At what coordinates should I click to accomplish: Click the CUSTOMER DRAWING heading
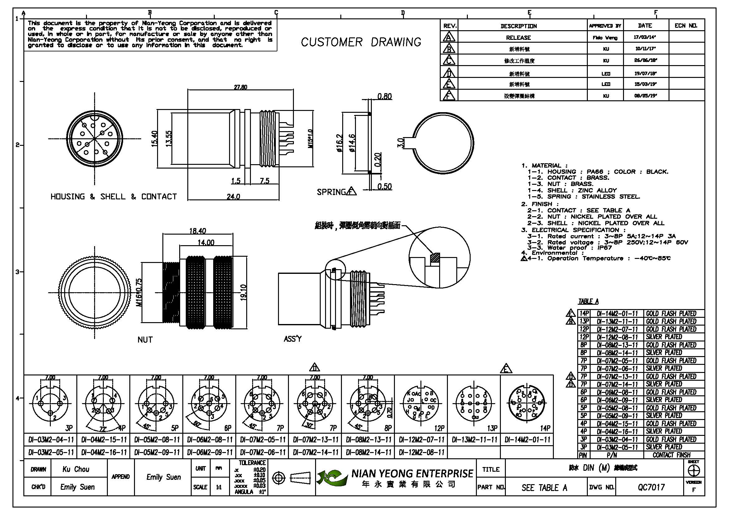[361, 42]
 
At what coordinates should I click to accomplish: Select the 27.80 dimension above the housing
[240, 87]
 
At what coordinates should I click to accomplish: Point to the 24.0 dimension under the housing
[233, 197]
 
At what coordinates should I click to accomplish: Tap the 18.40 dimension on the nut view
[198, 231]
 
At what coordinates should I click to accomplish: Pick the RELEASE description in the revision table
[518, 38]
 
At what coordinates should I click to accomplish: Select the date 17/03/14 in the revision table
[645, 37]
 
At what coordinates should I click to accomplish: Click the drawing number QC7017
[651, 487]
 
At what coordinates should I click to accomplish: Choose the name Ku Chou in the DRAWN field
[75, 469]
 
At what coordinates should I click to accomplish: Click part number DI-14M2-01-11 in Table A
[617, 313]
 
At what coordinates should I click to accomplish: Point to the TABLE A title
[588, 301]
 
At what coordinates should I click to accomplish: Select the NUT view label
[145, 340]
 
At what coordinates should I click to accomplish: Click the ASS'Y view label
[292, 339]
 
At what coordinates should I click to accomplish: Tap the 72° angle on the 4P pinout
[103, 429]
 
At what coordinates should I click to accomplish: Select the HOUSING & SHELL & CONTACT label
[114, 197]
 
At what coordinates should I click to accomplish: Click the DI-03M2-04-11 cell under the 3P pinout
[51, 440]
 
